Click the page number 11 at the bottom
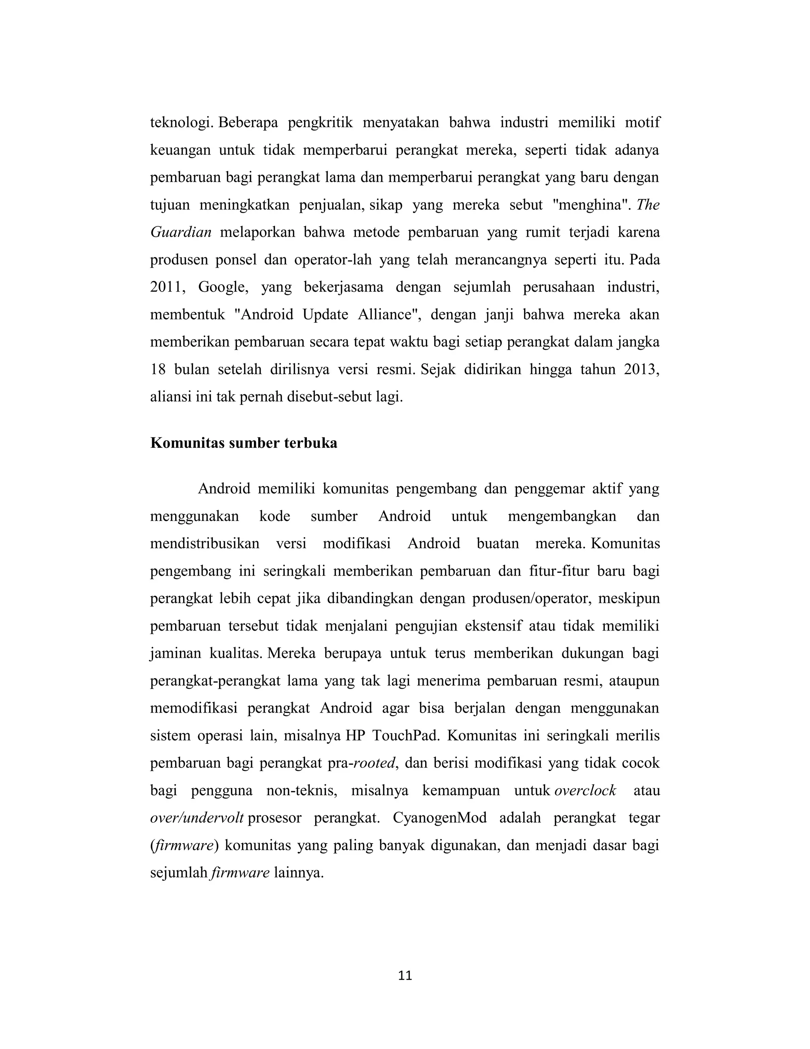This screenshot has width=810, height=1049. pos(405,975)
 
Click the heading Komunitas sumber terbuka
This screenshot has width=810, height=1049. pos(243,443)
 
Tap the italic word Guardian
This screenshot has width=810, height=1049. pos(181,232)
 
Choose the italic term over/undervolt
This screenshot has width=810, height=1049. pos(197,818)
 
